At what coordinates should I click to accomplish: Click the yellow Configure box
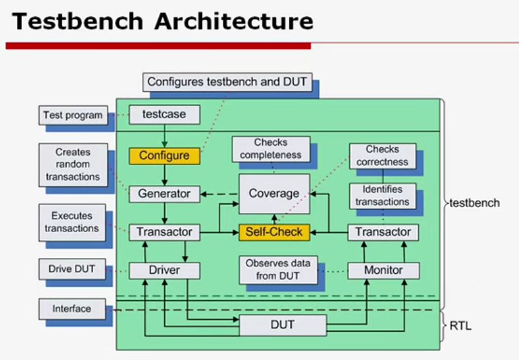point(164,155)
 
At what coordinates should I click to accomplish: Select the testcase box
point(164,115)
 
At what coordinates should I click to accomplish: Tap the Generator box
point(164,193)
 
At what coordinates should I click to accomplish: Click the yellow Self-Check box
point(274,232)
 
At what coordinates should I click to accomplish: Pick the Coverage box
point(274,193)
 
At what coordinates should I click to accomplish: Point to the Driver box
point(164,271)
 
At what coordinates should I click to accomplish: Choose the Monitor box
point(383,271)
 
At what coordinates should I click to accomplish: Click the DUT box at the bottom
point(282,325)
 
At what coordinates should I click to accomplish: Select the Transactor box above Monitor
point(383,232)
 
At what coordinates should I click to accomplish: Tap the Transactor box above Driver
point(164,232)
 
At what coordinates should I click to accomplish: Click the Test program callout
point(72,115)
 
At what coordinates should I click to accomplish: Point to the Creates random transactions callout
point(72,164)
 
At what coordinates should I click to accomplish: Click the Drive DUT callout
point(72,269)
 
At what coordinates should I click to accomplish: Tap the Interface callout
point(72,309)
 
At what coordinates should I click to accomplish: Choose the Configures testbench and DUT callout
point(227,82)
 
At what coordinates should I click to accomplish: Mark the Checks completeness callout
point(271,149)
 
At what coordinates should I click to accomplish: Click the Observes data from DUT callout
point(277,270)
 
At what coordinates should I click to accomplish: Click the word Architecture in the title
point(234,22)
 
